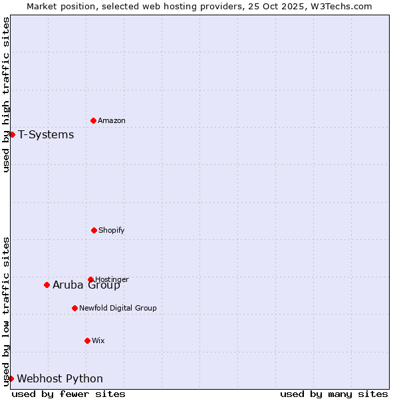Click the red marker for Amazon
click(93, 120)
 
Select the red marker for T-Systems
click(12, 134)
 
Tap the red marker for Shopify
click(94, 230)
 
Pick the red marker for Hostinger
click(90, 279)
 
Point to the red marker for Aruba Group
click(47, 285)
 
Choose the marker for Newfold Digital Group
click(74, 308)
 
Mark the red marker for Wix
click(87, 340)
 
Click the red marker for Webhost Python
click(11, 378)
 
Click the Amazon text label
click(112, 120)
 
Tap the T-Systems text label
click(46, 135)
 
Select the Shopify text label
click(112, 230)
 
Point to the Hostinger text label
click(112, 279)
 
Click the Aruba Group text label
click(86, 285)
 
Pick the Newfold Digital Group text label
click(118, 308)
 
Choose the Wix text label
click(98, 340)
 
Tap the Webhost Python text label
click(60, 379)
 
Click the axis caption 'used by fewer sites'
click(68, 394)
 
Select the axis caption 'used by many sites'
click(334, 394)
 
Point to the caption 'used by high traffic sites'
click(6, 94)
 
